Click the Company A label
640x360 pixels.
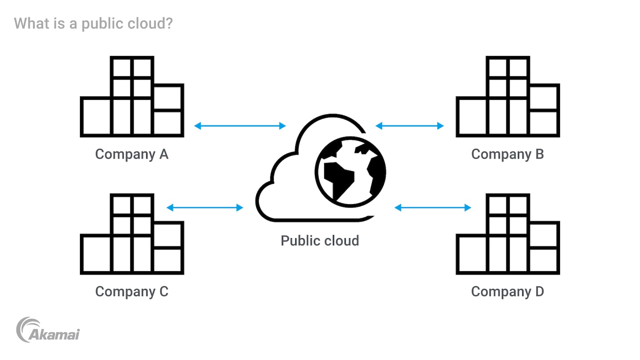click(132, 154)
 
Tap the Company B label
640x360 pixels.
click(508, 154)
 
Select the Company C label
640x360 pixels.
click(132, 292)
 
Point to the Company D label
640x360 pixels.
click(508, 292)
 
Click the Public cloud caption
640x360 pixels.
click(320, 240)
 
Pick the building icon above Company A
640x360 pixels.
click(132, 96)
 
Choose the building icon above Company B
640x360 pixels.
click(508, 96)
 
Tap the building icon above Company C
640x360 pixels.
click(132, 234)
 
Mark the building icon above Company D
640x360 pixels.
click(508, 234)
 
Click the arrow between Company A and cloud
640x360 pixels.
click(240, 126)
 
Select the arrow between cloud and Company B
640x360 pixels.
click(410, 126)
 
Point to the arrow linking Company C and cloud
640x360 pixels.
click(205, 208)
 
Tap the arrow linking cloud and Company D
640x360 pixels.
click(433, 208)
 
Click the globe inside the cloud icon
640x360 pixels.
click(350, 171)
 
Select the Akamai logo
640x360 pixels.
click(48, 330)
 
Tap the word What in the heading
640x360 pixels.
click(31, 23)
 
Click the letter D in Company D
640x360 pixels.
click(538, 292)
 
